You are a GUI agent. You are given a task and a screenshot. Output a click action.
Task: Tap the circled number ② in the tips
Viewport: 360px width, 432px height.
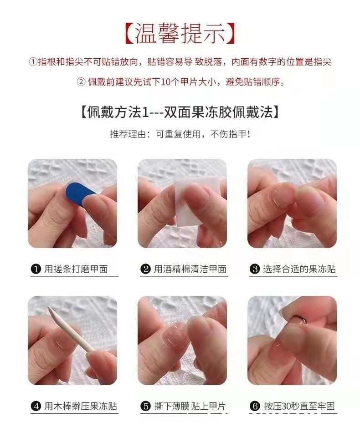click(80, 82)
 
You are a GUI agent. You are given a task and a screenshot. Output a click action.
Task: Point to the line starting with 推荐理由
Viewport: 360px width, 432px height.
click(180, 134)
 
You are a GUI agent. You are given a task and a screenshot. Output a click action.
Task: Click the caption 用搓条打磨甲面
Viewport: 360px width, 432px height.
click(76, 269)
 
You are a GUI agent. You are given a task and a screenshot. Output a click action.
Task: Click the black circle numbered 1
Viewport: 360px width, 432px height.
click(36, 269)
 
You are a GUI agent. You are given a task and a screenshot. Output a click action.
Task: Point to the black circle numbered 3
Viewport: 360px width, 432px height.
click(256, 269)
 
